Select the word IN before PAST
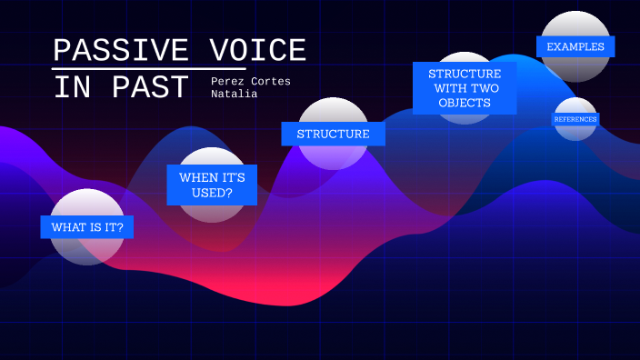[x=72, y=88]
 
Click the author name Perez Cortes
[x=251, y=81]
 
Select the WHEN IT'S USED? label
[x=212, y=185]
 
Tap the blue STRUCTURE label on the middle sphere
[x=333, y=134]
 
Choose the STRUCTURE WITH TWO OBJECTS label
[x=465, y=88]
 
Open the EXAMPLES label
[x=575, y=46]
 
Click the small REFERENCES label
[x=575, y=119]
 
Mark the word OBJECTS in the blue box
[x=465, y=103]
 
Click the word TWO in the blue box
[x=487, y=88]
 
